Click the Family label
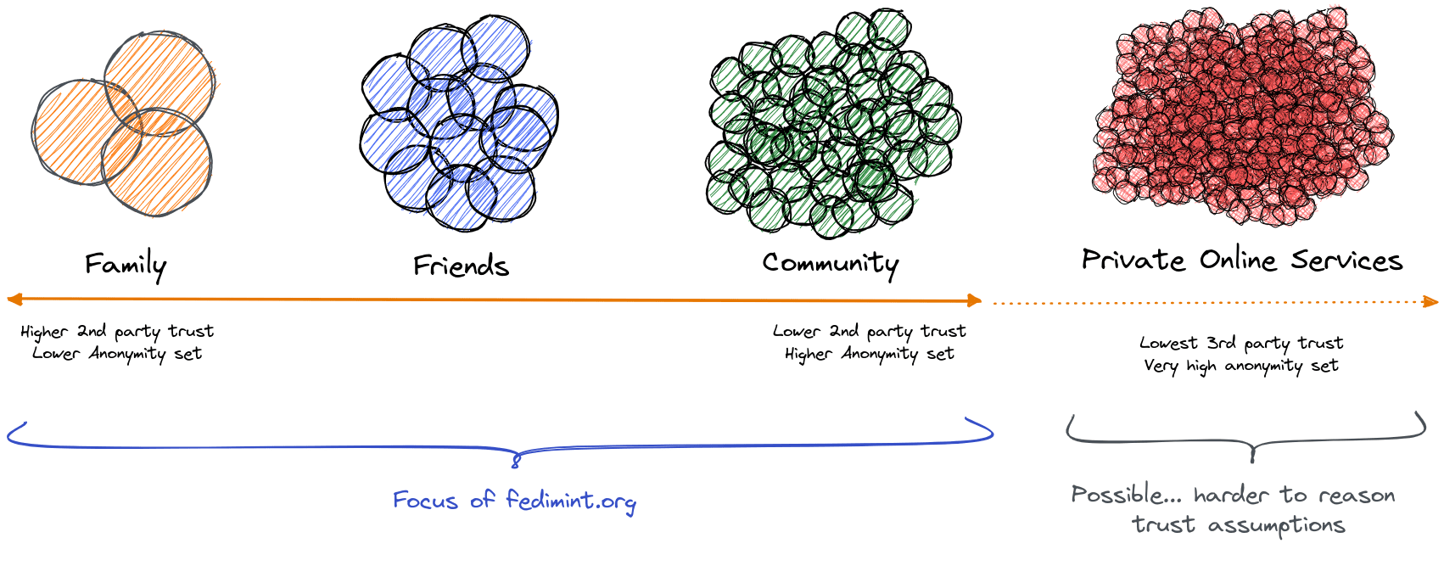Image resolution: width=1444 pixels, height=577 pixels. (x=125, y=265)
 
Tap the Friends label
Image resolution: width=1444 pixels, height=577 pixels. (x=461, y=266)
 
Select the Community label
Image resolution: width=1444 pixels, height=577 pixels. (x=829, y=264)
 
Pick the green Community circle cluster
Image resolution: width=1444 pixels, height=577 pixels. (x=832, y=124)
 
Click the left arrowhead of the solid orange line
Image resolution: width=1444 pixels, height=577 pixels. (x=13, y=299)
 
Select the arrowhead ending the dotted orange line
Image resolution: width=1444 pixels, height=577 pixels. (x=1432, y=302)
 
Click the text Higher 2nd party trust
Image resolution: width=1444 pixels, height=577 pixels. (x=117, y=331)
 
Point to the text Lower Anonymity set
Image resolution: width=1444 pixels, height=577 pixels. (x=117, y=354)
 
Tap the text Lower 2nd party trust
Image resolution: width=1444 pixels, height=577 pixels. (x=869, y=331)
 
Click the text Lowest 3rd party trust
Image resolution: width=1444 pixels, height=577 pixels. (x=1241, y=343)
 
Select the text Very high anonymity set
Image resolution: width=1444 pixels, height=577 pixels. (x=1240, y=366)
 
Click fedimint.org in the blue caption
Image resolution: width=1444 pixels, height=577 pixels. (x=570, y=501)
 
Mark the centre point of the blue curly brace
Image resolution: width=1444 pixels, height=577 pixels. (x=515, y=459)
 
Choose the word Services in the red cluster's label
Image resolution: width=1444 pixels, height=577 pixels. (x=1346, y=260)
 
